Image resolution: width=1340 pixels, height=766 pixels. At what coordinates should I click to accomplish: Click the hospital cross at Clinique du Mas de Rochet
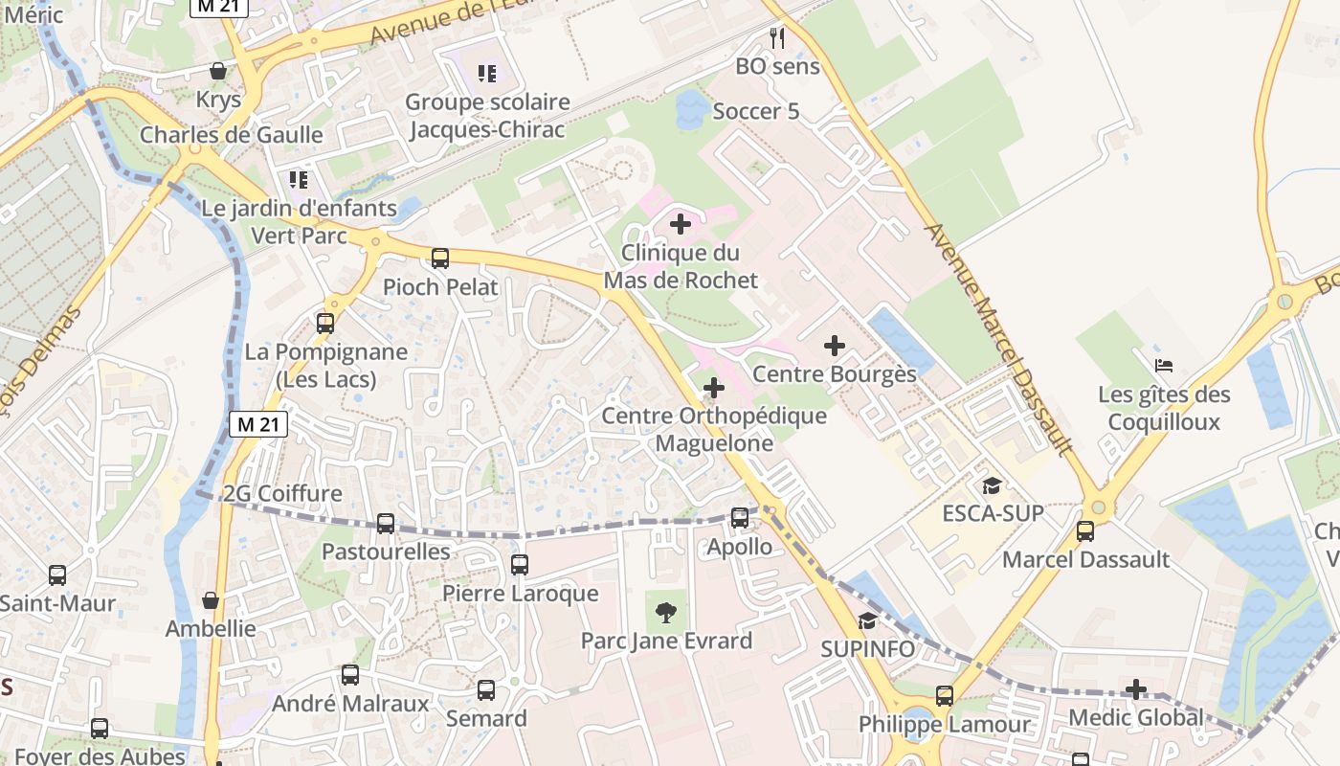click(680, 225)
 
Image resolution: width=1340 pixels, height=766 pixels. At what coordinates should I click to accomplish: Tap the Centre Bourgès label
click(835, 373)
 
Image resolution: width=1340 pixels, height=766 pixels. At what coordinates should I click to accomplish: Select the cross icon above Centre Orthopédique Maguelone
click(713, 388)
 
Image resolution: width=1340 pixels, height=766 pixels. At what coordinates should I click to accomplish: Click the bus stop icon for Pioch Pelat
click(439, 258)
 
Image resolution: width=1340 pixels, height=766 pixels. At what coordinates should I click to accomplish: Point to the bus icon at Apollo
click(739, 518)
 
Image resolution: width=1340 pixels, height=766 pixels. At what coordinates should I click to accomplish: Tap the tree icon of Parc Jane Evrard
click(665, 611)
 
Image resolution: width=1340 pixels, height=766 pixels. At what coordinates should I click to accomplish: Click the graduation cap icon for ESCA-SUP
click(992, 485)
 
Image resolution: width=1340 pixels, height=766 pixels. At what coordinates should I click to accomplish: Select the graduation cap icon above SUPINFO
click(867, 620)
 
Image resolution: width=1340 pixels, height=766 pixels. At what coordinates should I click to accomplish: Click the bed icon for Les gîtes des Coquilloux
click(1163, 365)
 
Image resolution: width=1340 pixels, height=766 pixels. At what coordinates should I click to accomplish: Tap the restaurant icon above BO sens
click(777, 38)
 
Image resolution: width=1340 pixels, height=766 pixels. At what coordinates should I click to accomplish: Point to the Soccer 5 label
click(755, 111)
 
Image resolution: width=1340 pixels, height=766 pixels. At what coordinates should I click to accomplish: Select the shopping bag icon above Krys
click(218, 71)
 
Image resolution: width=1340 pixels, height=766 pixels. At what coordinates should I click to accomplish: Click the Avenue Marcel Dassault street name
click(1001, 340)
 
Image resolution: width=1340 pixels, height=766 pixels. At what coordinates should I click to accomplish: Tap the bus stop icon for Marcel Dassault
click(1084, 530)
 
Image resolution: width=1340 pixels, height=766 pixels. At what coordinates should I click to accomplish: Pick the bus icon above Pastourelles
click(385, 523)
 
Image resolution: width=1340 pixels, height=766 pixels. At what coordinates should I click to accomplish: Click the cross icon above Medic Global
click(1135, 689)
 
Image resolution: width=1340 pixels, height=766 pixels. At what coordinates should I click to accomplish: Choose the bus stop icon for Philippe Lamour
click(944, 696)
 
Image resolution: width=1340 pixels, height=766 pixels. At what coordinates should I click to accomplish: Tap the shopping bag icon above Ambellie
click(211, 600)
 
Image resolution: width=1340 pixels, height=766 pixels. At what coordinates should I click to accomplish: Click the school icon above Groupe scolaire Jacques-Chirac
click(487, 73)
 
